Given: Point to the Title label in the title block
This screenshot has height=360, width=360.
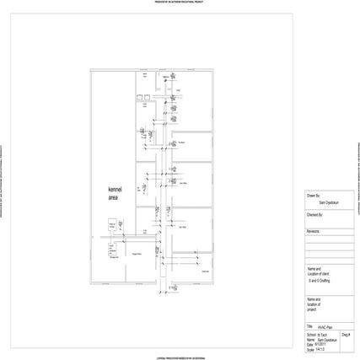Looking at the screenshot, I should (310, 326).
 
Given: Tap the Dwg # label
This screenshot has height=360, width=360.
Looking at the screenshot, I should (347, 336).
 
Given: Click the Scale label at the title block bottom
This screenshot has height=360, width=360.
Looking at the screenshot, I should (311, 349).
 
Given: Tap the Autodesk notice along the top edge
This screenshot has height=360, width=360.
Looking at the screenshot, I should (180, 3).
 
